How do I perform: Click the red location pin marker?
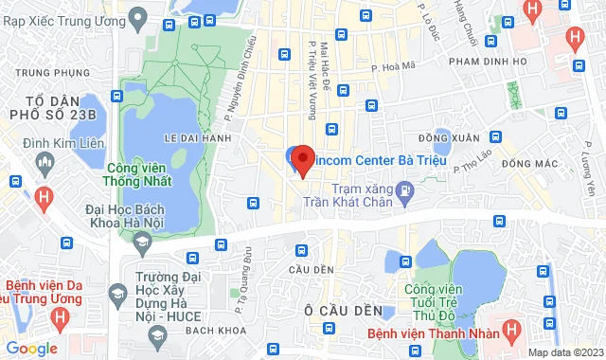coord(302,159)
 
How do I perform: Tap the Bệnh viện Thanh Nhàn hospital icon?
coord(512,332)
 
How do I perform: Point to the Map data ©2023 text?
coord(563,352)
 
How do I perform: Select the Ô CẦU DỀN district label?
coord(343,311)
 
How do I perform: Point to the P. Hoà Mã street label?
coord(394,67)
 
